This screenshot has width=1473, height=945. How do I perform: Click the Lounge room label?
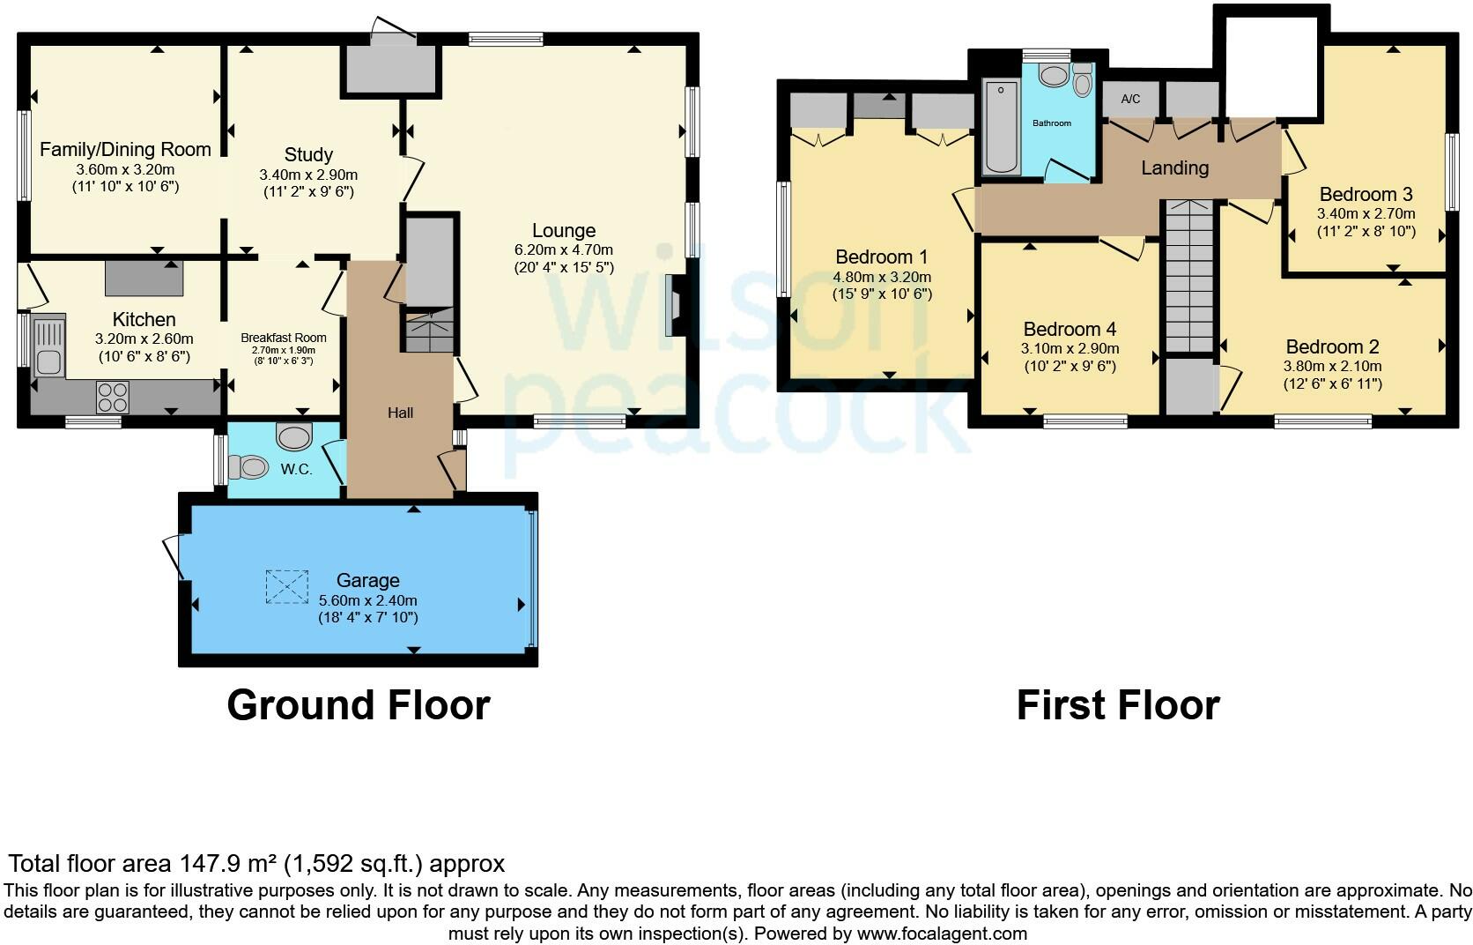564,230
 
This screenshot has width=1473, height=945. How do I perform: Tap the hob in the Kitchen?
113,397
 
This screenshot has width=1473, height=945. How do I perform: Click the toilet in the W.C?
248,468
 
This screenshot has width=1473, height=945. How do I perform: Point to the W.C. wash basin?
293,436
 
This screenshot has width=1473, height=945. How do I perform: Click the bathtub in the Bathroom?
1001,127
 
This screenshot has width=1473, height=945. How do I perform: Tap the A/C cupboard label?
1130,100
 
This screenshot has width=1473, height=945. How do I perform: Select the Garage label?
367,580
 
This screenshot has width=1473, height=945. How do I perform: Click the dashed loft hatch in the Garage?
286,586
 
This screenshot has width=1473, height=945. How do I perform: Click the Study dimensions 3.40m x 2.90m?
308,175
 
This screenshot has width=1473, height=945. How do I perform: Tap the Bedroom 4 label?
1070,329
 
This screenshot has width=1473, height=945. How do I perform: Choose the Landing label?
1175,168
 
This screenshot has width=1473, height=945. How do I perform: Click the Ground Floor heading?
359,705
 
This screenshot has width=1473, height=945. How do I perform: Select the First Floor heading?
1118,705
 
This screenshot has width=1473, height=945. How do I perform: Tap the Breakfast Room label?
284,338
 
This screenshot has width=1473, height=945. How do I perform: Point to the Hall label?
401,413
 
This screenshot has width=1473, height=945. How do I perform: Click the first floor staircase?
1189,277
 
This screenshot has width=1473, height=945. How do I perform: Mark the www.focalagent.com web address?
942,934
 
